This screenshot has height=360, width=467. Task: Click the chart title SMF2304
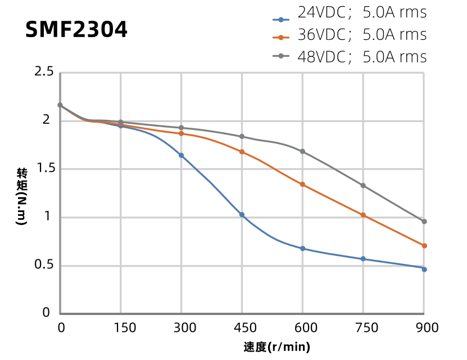coord(76,30)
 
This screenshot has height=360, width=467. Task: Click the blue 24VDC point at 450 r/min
coord(242,215)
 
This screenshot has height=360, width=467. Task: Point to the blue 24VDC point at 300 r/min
coord(181,155)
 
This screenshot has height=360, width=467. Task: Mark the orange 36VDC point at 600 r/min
coord(302,184)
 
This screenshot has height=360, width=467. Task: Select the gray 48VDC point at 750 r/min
coord(363,186)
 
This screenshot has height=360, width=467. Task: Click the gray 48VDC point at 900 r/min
coord(424,222)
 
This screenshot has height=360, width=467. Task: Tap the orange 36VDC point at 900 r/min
coord(424,246)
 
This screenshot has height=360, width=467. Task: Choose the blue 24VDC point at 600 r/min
coord(302,249)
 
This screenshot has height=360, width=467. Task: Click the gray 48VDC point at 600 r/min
coord(302,151)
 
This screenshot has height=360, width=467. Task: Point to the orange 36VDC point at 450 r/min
coord(242,152)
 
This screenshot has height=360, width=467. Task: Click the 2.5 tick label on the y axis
coord(44,72)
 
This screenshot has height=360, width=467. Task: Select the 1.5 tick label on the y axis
coord(44,169)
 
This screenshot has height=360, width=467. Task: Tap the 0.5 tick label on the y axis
coord(44,265)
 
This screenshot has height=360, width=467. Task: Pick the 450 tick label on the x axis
coord(242,328)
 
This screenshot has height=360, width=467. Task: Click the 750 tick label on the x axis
coord(363,328)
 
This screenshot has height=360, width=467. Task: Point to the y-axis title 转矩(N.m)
coord(21,196)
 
